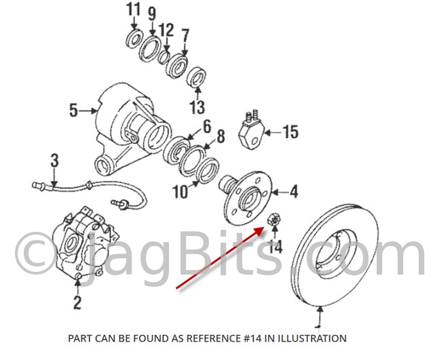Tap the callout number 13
(x=197, y=107)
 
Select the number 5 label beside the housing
(x=73, y=110)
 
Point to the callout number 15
(x=290, y=132)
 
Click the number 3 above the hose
(x=55, y=161)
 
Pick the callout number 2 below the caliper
(x=77, y=302)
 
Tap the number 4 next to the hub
(x=294, y=191)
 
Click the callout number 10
(x=181, y=191)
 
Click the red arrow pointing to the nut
(x=221, y=258)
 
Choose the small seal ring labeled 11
(x=134, y=39)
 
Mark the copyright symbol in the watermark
(x=34, y=253)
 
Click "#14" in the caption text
(x=253, y=338)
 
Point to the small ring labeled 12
(x=164, y=57)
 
